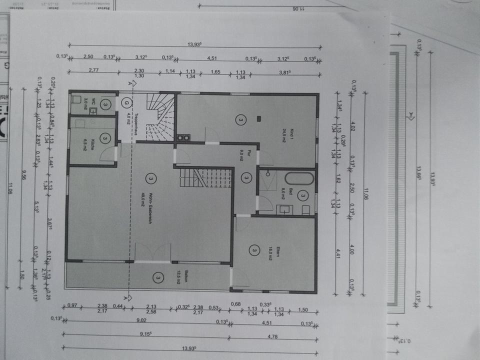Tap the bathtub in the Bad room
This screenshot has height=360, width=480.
[299, 178]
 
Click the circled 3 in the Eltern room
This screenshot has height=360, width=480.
[254, 250]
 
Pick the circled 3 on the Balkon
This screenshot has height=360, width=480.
[158, 276]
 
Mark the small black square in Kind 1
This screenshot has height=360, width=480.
[259, 118]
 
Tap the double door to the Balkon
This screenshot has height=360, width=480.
[153, 252]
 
